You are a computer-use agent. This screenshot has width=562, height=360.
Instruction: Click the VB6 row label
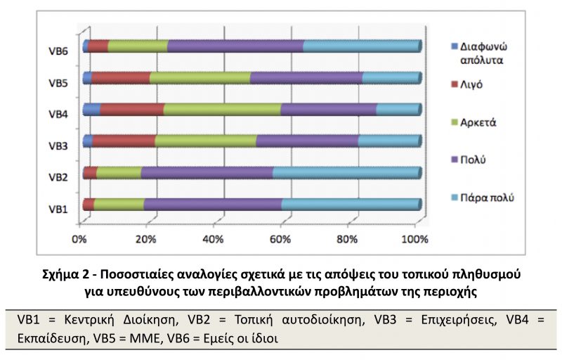58,51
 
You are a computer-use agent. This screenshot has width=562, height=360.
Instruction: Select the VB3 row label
58,146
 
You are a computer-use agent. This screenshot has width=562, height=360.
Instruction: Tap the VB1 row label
58,209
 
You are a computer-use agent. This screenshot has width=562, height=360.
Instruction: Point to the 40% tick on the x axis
214,225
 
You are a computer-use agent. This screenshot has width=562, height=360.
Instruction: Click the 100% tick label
414,239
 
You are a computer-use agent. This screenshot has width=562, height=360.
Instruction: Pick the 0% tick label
79,239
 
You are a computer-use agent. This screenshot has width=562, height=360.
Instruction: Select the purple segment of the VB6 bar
235,46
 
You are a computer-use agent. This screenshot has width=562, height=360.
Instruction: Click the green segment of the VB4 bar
222,110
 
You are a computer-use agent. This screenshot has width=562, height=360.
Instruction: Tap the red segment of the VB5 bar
120,78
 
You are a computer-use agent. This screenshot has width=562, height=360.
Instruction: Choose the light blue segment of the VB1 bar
351,204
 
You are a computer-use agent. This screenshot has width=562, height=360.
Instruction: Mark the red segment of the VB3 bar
124,141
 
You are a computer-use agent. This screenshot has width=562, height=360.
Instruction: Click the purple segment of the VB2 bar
207,172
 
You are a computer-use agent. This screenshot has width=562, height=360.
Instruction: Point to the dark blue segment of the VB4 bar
91,110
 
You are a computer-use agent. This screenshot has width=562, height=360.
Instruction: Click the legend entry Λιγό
466,84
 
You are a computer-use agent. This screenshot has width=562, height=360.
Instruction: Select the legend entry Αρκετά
473,122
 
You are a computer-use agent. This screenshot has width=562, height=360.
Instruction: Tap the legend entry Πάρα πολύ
483,198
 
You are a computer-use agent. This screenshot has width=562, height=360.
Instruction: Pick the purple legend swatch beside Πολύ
455,160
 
